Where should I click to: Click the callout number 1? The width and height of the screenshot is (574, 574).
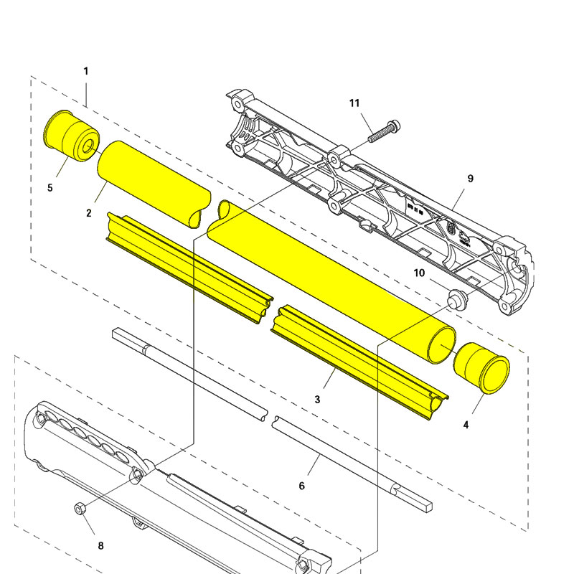86,71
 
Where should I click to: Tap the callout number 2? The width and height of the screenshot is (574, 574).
88,213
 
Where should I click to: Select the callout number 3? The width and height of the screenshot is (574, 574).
317,399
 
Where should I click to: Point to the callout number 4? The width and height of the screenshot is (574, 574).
466,425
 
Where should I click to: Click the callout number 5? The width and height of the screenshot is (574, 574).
50,188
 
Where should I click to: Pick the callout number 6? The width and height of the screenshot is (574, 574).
301,486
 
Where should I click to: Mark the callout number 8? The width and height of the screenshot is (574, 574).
100,546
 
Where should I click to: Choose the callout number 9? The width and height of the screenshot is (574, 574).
471,178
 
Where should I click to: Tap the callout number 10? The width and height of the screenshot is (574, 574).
420,273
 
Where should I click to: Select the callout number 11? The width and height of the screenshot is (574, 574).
354,103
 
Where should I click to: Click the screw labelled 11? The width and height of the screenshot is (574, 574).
383,132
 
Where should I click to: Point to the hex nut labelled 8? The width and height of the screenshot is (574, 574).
80,509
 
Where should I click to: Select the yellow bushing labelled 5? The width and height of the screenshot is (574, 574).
70,136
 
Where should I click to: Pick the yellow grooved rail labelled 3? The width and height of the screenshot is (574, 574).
359,359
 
